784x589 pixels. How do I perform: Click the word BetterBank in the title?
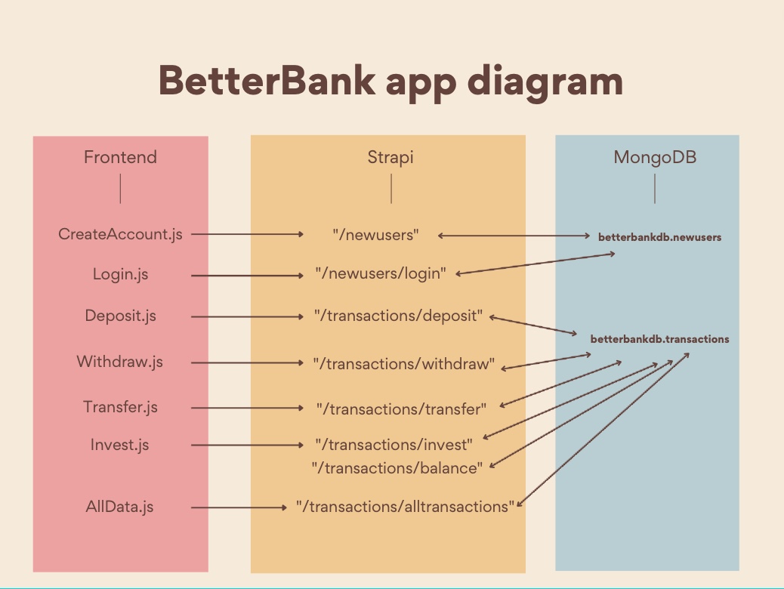[267, 80]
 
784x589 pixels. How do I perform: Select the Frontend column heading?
[121, 157]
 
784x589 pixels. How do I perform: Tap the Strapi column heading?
[390, 158]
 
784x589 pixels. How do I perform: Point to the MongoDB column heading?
[655, 157]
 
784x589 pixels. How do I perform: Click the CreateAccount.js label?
[120, 234]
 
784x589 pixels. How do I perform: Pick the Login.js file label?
[121, 274]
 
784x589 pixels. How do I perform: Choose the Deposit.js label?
[121, 316]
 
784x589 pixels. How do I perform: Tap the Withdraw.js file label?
[120, 362]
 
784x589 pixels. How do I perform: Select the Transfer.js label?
[121, 407]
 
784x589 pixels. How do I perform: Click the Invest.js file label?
[120, 445]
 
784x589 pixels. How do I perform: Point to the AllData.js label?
[119, 507]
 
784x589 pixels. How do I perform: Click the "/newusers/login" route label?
[381, 273]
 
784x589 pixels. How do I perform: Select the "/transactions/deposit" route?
[399, 316]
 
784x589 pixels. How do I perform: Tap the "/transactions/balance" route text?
[397, 468]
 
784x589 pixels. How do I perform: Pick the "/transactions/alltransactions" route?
[405, 507]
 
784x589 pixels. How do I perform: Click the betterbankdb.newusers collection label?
[659, 237]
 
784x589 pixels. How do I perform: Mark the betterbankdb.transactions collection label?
[659, 339]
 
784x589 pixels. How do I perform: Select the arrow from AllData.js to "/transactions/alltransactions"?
[239, 507]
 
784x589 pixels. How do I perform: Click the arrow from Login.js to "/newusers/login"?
[247, 276]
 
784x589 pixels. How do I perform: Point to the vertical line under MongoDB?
[655, 189]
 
